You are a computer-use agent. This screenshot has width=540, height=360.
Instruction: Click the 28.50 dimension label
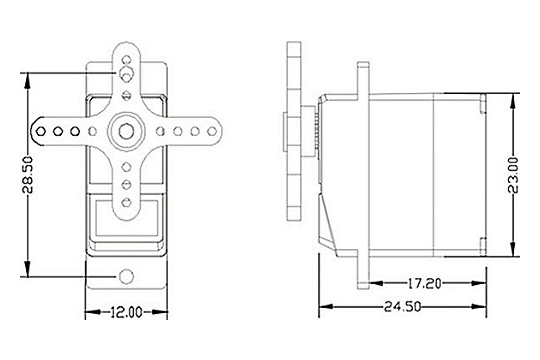[x=28, y=175]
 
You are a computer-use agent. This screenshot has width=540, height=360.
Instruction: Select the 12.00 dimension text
[x=126, y=312]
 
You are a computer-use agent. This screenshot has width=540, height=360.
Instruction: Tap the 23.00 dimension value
[x=513, y=175]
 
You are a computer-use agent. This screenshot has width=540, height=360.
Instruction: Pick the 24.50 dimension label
[x=402, y=306]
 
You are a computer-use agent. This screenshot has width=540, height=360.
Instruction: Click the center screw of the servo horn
[x=126, y=131]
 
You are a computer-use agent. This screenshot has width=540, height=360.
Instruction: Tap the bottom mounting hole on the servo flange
[x=126, y=276]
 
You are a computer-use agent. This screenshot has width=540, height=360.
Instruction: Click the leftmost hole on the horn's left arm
[x=41, y=131]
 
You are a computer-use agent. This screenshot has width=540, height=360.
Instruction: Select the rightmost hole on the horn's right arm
[x=212, y=131]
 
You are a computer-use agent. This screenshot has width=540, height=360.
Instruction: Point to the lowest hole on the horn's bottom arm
[x=126, y=202]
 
